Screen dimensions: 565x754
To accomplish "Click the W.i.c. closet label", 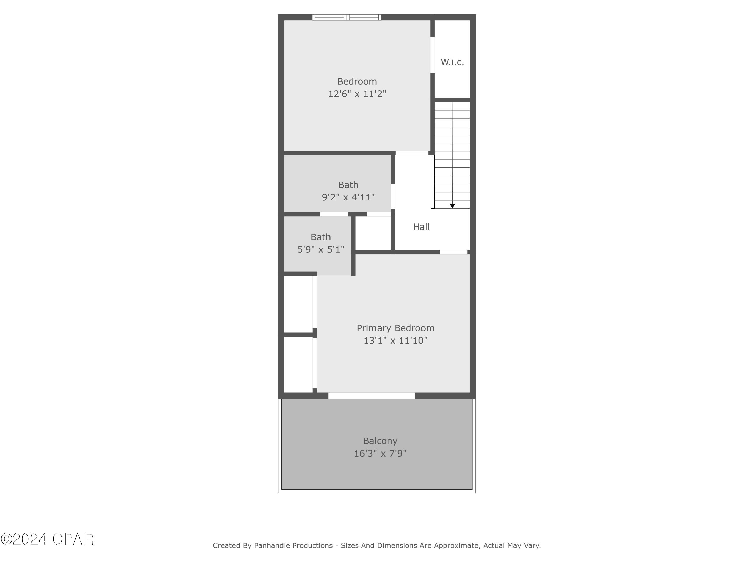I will coord(452,62).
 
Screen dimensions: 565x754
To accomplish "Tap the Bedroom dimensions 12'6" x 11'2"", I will coord(357,94).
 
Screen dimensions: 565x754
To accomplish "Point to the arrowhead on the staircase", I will coord(452,206).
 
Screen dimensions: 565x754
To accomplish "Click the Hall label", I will coord(421,227).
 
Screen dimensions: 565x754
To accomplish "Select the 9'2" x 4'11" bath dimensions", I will coord(348,197).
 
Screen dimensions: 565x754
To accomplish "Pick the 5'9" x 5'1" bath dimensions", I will coord(321,249).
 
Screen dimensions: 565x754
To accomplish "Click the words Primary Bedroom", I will coord(395,328).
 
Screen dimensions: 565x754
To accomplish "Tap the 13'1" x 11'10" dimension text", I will coord(395,340).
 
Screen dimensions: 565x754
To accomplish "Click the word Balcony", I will coord(380,441).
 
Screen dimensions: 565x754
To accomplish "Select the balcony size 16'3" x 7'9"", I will coord(380,453).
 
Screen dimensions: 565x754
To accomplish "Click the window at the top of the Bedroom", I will coord(347,17).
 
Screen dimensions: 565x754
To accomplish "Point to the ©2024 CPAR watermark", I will coord(47,539).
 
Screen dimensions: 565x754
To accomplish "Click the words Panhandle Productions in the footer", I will coord(293,546).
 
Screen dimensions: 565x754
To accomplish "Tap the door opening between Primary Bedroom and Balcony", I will coord(371,396).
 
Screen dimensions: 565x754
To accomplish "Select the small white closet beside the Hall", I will coord(373,233).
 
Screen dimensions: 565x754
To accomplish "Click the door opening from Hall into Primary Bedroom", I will coord(453,252).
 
